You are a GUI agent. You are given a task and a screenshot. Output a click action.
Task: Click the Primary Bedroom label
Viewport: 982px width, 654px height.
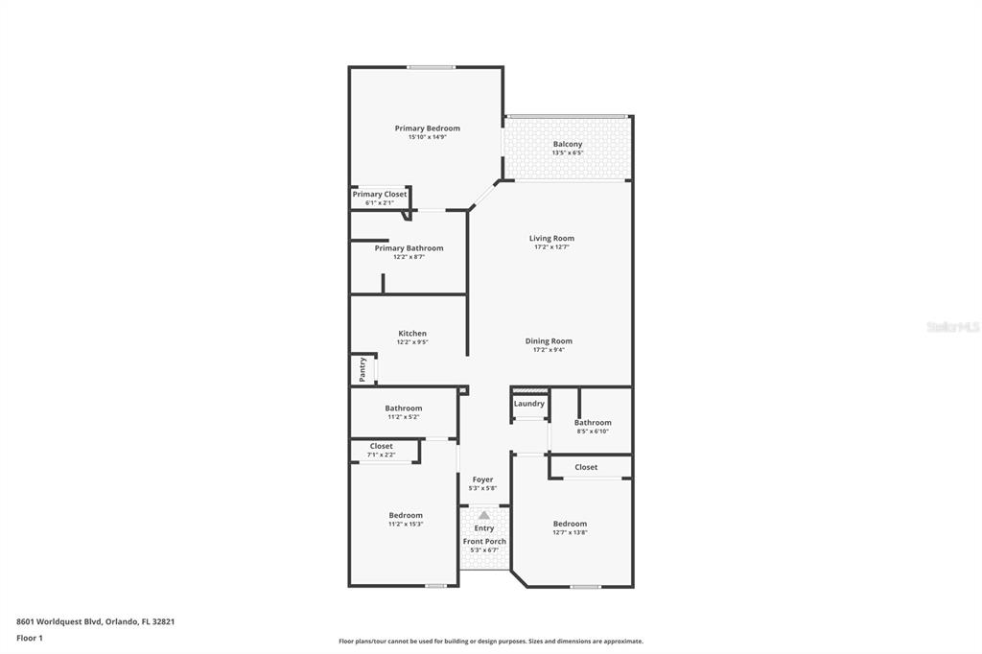pyautogui.click(x=427, y=128)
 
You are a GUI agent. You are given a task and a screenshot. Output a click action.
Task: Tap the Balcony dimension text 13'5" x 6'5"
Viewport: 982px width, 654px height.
pyautogui.click(x=568, y=152)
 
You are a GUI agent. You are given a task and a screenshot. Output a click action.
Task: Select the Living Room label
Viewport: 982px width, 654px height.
pyautogui.click(x=551, y=238)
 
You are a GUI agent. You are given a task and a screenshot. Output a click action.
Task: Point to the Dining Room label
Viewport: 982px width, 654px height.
pyautogui.click(x=549, y=341)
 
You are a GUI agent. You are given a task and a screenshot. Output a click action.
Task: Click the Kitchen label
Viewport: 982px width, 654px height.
pyautogui.click(x=412, y=334)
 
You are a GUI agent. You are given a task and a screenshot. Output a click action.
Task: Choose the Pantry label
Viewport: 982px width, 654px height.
pyautogui.click(x=362, y=369)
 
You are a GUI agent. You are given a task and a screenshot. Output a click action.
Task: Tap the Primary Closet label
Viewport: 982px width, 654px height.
pyautogui.click(x=380, y=195)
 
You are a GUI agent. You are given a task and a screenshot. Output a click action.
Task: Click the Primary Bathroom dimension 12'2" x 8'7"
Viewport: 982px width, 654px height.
pyautogui.click(x=409, y=257)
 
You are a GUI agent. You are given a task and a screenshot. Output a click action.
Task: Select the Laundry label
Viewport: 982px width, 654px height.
pyautogui.click(x=529, y=404)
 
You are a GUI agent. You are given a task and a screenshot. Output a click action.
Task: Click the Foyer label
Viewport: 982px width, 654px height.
pyautogui.click(x=483, y=479)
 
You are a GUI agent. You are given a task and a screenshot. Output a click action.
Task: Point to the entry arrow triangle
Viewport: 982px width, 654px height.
pyautogui.click(x=483, y=515)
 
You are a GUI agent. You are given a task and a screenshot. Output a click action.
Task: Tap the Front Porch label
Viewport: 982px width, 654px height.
pyautogui.click(x=484, y=541)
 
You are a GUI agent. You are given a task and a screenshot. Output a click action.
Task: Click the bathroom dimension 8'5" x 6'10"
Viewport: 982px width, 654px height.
pyautogui.click(x=593, y=432)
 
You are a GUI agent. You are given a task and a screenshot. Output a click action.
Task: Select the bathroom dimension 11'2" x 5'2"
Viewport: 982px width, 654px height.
pyautogui.click(x=404, y=417)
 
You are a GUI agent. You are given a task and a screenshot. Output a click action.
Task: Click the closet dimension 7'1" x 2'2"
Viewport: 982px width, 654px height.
pyautogui.click(x=381, y=455)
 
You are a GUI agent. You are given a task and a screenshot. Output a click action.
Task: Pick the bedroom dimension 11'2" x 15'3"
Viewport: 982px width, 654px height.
pyautogui.click(x=406, y=525)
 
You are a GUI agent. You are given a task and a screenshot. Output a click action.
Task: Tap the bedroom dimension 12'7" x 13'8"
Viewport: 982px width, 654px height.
pyautogui.click(x=570, y=532)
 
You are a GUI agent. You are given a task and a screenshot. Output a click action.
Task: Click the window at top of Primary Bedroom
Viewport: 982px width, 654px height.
pyautogui.click(x=431, y=67)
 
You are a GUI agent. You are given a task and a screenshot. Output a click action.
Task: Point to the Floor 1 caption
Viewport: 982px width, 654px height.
pyautogui.click(x=30, y=639)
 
